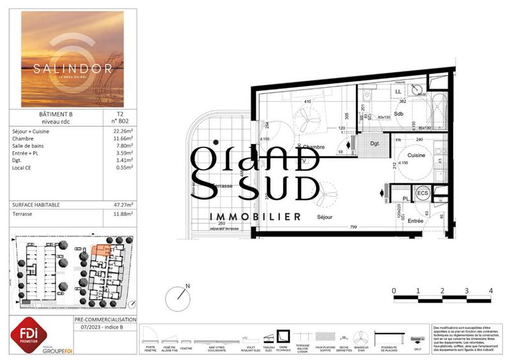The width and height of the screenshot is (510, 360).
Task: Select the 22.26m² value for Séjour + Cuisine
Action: [119, 131]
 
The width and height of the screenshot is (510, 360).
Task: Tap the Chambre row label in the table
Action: [23, 138]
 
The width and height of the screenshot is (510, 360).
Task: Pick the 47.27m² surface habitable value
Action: [119, 206]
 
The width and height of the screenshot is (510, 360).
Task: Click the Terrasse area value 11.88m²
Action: [119, 215]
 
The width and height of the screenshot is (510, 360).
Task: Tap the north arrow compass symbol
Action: [178, 298]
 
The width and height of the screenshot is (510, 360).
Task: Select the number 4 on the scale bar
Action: [491, 291]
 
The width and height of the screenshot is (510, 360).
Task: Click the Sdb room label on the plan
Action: [400, 114]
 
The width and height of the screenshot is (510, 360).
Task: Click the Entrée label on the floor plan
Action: [416, 220]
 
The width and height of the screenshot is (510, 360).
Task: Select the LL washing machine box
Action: [398, 92]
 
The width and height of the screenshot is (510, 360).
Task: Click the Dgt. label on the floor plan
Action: [375, 144]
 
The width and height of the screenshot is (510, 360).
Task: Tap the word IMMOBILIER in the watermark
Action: [256, 217]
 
